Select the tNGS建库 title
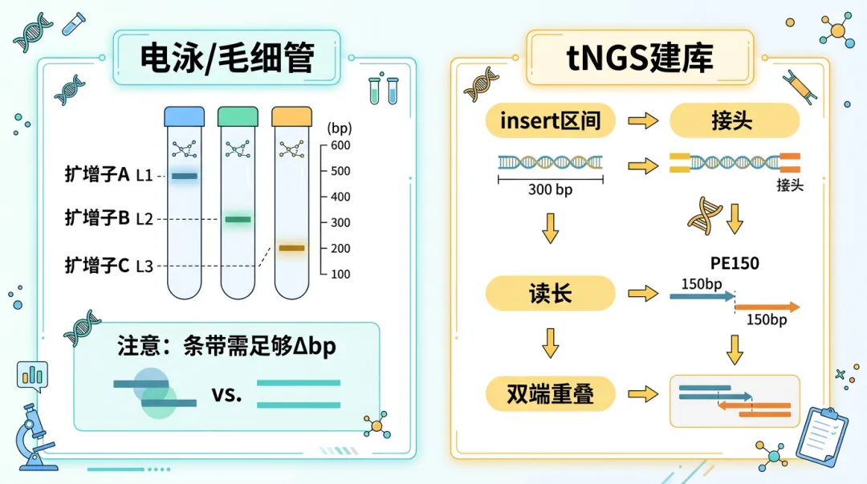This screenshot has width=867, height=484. click(639, 59)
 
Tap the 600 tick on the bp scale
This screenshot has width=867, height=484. click(340, 145)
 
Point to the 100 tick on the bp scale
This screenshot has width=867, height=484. click(340, 274)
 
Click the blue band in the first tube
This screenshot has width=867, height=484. click(185, 176)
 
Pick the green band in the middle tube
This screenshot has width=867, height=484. click(238, 219)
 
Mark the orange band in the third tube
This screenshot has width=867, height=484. click(291, 248)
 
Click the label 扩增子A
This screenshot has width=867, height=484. click(97, 174)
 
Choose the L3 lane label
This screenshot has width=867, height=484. click(144, 266)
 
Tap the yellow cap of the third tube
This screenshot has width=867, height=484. click(291, 117)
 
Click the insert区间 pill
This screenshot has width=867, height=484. click(550, 121)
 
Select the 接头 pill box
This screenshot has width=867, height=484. click(734, 121)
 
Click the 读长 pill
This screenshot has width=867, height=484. click(550, 294)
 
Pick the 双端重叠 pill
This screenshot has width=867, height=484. click(550, 394)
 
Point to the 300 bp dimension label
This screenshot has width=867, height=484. click(550, 190)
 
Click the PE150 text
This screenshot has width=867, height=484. click(735, 263)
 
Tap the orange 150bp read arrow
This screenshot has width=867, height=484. click(767, 307)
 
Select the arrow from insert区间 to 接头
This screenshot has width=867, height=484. click(642, 121)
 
